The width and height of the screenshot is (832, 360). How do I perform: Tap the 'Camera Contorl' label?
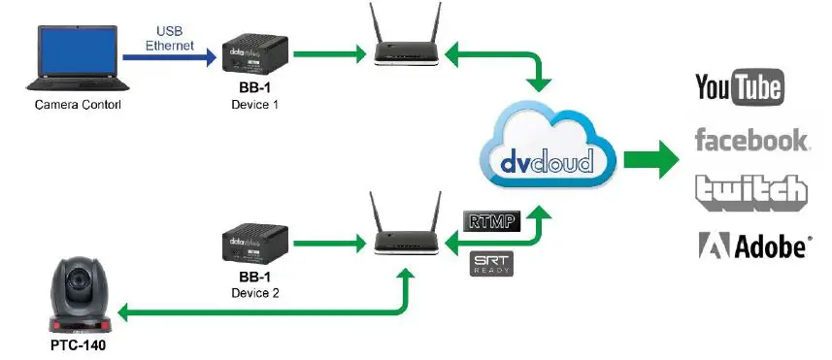(71, 105)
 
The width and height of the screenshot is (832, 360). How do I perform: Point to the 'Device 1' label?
(255, 104)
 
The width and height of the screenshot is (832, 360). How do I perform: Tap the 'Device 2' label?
(255, 292)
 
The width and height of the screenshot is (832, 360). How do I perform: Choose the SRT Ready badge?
(490, 263)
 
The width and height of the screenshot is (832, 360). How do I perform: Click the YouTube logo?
(739, 88)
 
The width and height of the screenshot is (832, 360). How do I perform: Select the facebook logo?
(750, 140)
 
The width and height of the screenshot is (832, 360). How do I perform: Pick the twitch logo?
(750, 191)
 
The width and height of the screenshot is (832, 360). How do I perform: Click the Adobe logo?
(753, 245)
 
